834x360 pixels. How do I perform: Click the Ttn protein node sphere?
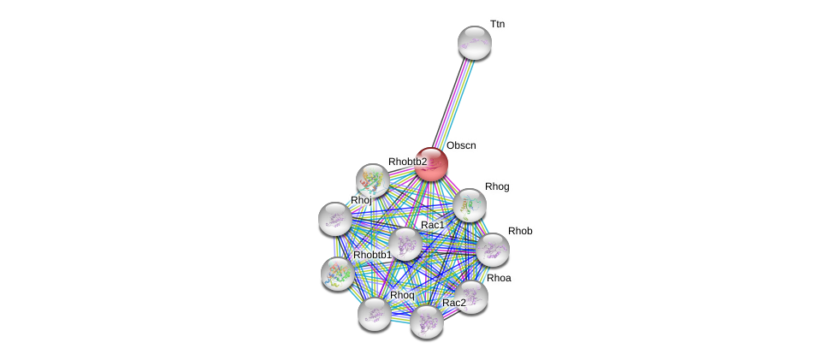pyautogui.click(x=475, y=43)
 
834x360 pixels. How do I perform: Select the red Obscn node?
pyautogui.click(x=431, y=164)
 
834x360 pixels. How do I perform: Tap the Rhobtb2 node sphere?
pyautogui.click(x=373, y=180)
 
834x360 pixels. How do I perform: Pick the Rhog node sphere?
pyautogui.click(x=469, y=205)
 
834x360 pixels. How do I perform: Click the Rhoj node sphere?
pyautogui.click(x=335, y=219)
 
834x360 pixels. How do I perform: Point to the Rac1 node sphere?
pyautogui.click(x=405, y=245)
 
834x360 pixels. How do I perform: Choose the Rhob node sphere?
pyautogui.click(x=493, y=250)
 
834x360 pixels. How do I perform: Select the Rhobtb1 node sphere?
pyautogui.click(x=338, y=274)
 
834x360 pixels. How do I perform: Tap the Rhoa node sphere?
pyautogui.click(x=471, y=298)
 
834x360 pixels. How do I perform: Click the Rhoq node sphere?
pyautogui.click(x=375, y=315)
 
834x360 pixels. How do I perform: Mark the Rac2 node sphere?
pyautogui.click(x=427, y=322)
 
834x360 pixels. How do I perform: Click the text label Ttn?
pyautogui.click(x=497, y=25)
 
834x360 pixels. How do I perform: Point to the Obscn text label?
pyautogui.click(x=461, y=145)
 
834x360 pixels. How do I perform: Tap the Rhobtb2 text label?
pyautogui.click(x=408, y=162)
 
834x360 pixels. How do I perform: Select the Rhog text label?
pyautogui.click(x=497, y=186)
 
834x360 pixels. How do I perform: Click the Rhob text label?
pyautogui.click(x=520, y=232)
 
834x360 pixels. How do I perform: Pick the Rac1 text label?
pyautogui.click(x=433, y=225)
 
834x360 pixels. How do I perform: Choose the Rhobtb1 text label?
pyautogui.click(x=372, y=255)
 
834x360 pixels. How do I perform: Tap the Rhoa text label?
pyautogui.click(x=499, y=278)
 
